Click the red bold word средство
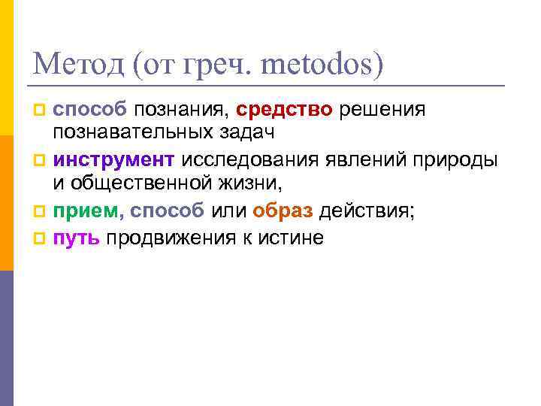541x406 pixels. [284, 111]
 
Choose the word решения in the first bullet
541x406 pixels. [382, 111]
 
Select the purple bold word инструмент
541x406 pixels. [113, 160]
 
